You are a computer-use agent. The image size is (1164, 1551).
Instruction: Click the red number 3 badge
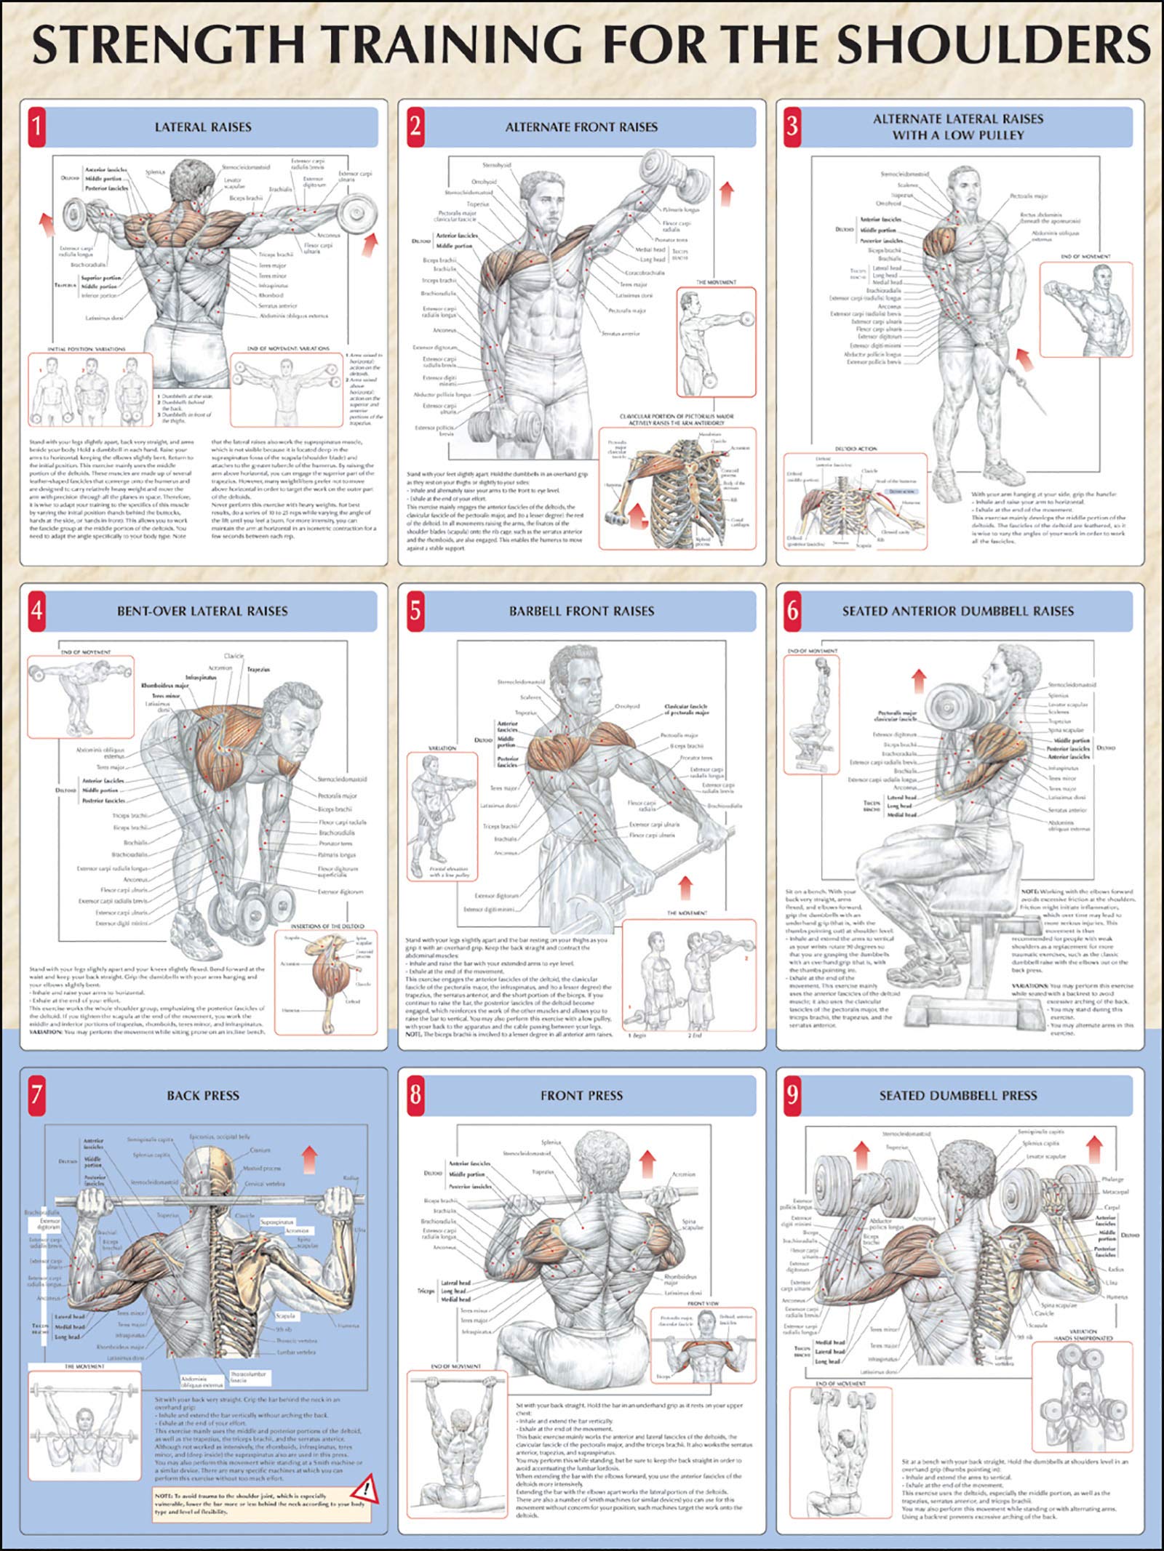[792, 126]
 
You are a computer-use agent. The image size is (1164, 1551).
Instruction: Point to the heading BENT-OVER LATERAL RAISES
[202, 611]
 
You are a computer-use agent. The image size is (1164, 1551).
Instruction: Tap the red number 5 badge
[415, 611]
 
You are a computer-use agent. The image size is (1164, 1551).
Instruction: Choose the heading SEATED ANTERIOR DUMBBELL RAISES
[957, 611]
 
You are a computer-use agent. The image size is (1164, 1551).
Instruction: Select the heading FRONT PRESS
[581, 1095]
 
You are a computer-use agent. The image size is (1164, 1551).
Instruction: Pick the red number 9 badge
[792, 1095]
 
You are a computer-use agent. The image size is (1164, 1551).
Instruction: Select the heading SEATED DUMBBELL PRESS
[957, 1095]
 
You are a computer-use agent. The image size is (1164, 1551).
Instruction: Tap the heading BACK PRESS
[202, 1095]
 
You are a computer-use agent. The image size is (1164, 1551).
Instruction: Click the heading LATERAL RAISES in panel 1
[202, 127]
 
